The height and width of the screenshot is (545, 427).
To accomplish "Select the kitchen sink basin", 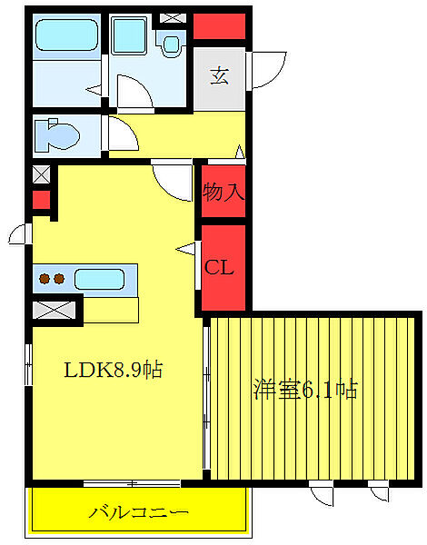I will point(103,279).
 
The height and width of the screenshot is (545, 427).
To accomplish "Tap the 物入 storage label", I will point(223,192).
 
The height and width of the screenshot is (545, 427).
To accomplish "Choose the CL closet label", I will point(219,267).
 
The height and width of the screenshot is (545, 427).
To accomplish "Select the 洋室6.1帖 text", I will point(304,391).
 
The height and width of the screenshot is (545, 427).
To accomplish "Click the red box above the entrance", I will point(220,26).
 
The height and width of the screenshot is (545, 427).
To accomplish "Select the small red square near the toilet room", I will point(40,199).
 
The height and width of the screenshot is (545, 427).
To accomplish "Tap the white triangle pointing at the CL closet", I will point(189,247).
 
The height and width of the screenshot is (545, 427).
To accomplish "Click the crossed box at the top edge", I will point(170,18).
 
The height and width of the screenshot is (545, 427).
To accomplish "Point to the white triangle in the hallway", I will point(239,153).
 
